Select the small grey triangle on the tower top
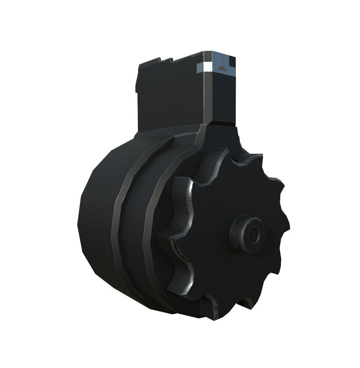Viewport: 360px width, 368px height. pos(221,67)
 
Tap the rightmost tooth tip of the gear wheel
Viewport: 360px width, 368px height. pos(287,225)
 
